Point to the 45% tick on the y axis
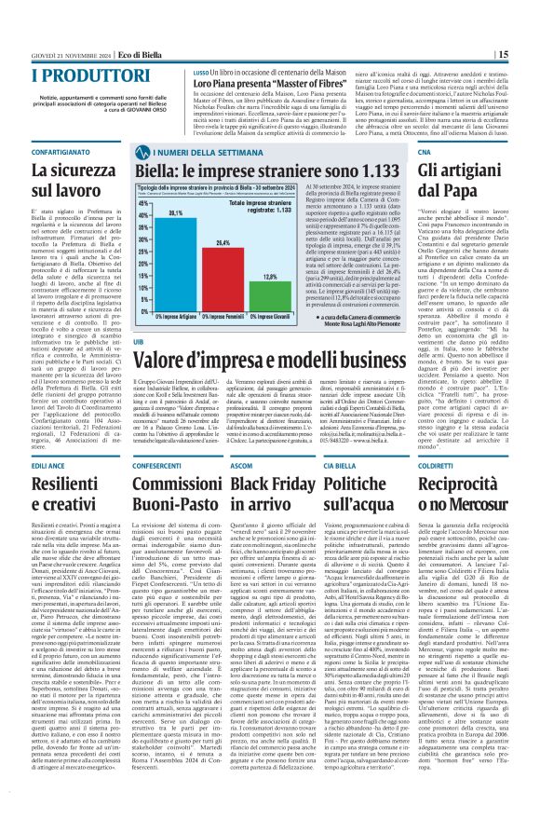pyautogui.click(x=118, y=201)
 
